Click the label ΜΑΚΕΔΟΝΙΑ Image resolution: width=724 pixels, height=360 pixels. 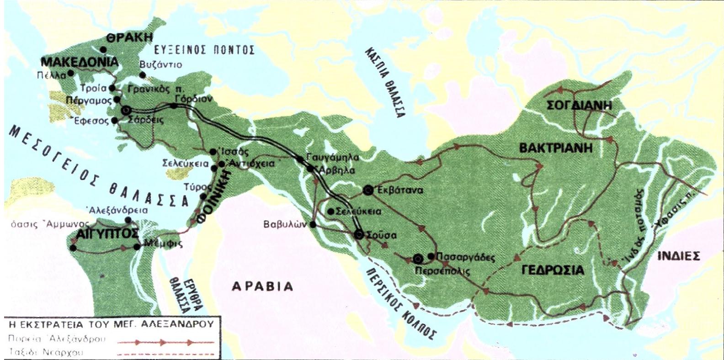(x=80, y=62)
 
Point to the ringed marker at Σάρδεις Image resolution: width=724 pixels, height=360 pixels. (x=126, y=111)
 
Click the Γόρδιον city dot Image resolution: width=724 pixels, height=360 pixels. (x=174, y=106)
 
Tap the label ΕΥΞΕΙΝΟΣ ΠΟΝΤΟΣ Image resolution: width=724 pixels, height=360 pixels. (x=203, y=50)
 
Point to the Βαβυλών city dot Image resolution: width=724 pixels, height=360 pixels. (x=313, y=224)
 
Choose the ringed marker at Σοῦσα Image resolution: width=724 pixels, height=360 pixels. (x=359, y=235)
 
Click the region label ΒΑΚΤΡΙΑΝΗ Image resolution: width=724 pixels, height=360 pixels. (x=555, y=148)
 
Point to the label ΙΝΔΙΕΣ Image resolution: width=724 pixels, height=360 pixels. (x=678, y=255)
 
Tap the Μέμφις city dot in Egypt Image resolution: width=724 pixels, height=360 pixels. (x=137, y=247)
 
